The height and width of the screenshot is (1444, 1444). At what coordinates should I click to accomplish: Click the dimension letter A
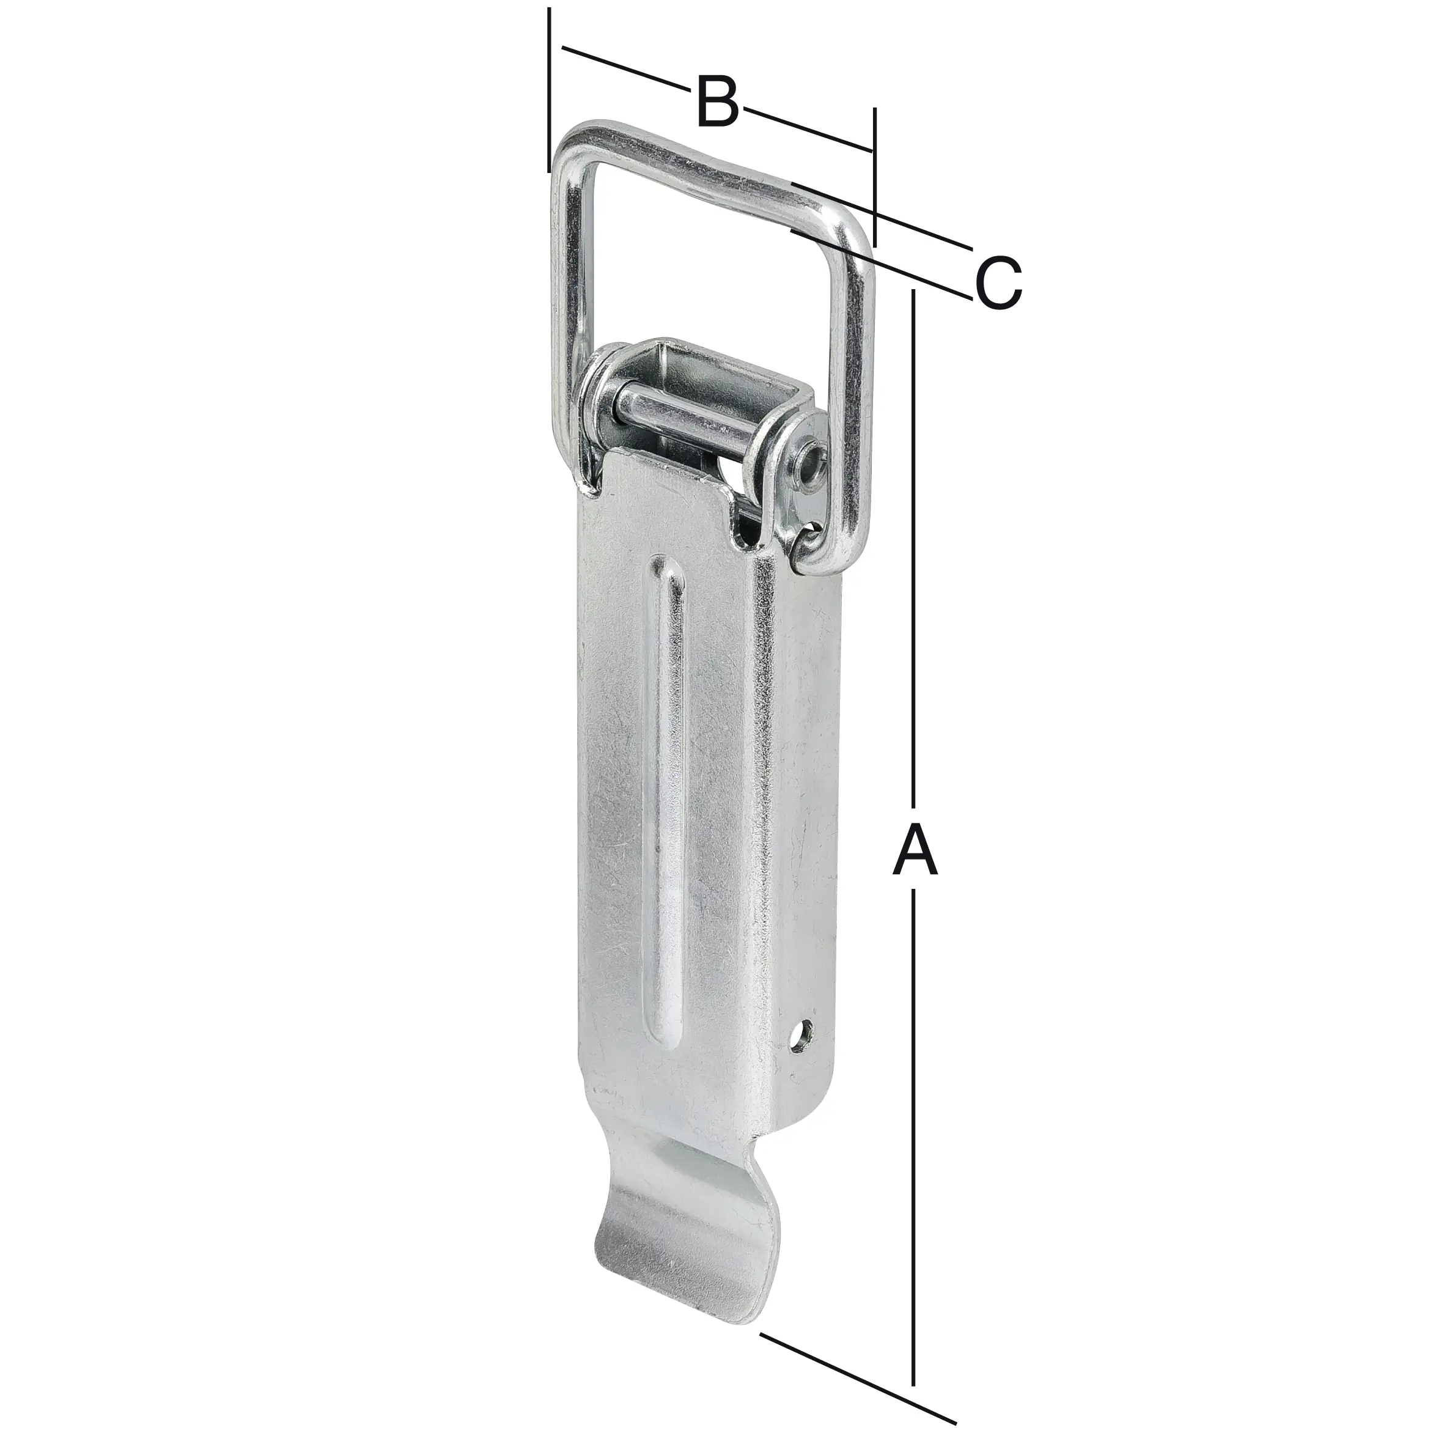[914, 850]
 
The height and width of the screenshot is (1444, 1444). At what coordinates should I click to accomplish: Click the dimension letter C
[998, 283]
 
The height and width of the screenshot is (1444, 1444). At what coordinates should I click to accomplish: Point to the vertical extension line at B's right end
[873, 179]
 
